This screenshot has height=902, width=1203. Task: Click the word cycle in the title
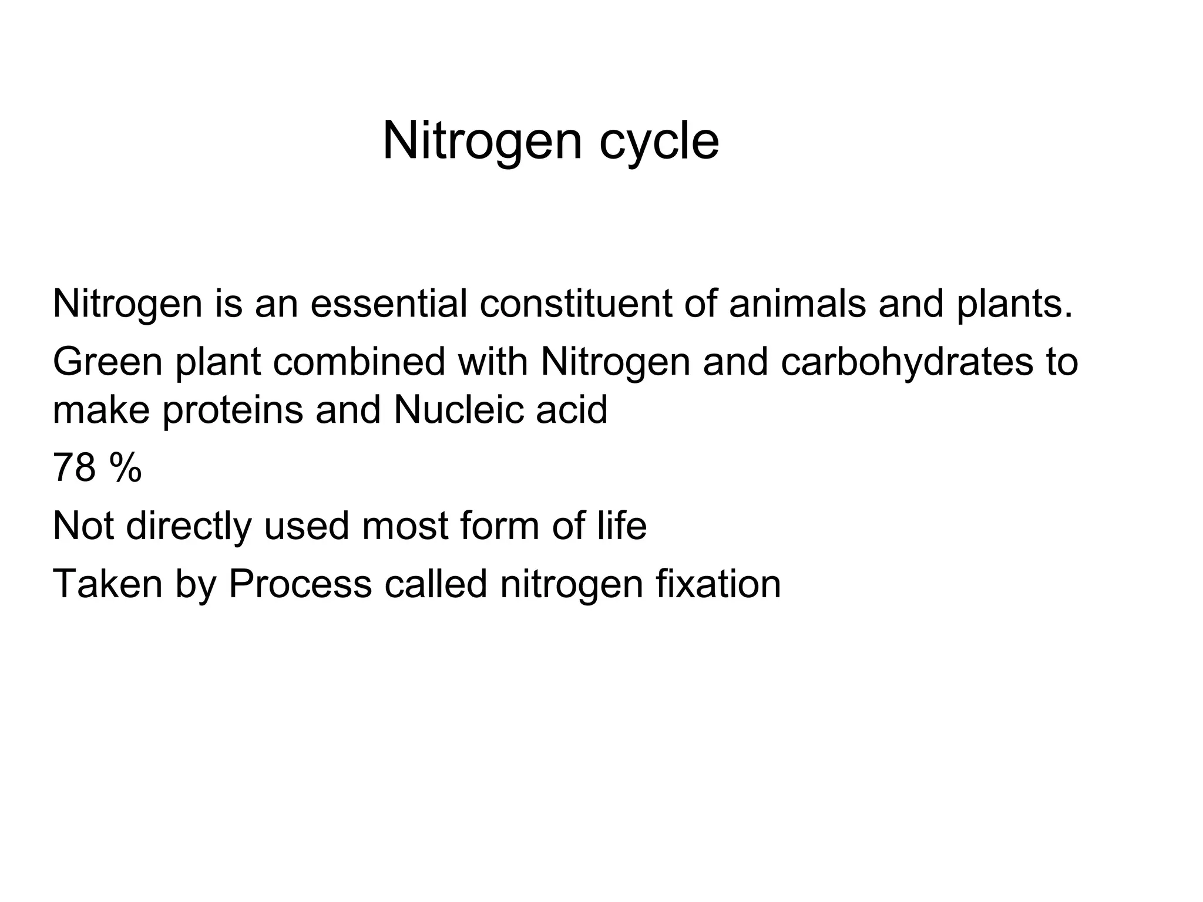tap(659, 143)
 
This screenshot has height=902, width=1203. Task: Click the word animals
tap(797, 304)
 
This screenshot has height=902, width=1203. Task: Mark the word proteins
tap(233, 410)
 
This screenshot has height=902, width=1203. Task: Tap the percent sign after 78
tap(125, 468)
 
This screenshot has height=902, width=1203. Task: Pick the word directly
tap(189, 526)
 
